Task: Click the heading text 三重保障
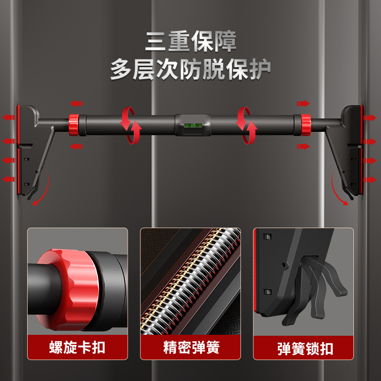pos(190,41)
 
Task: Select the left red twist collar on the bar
pos(74,124)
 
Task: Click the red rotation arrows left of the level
pos(130,125)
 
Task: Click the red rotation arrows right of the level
pos(248,125)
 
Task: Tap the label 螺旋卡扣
pos(77,347)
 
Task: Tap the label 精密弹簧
pos(190,347)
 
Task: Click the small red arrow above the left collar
pos(75,103)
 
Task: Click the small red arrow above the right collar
pos(303,103)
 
